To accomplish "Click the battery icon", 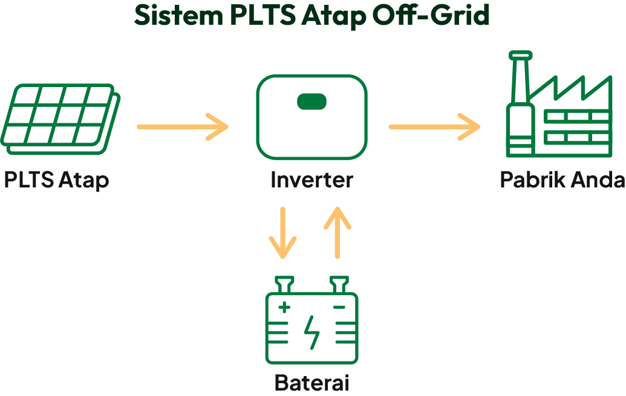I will [x=312, y=326].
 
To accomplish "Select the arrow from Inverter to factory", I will [x=434, y=126].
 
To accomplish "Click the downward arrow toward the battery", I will [x=282, y=233].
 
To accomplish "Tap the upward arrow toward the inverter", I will [x=337, y=233].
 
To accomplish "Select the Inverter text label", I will [x=311, y=180].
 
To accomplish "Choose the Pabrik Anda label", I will [x=562, y=180].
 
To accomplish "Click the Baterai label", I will [x=312, y=383].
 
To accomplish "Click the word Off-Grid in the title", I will [x=430, y=16].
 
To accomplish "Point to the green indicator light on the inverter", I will [x=311, y=102].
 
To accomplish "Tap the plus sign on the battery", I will [x=284, y=308].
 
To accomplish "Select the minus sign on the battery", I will [x=339, y=308].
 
